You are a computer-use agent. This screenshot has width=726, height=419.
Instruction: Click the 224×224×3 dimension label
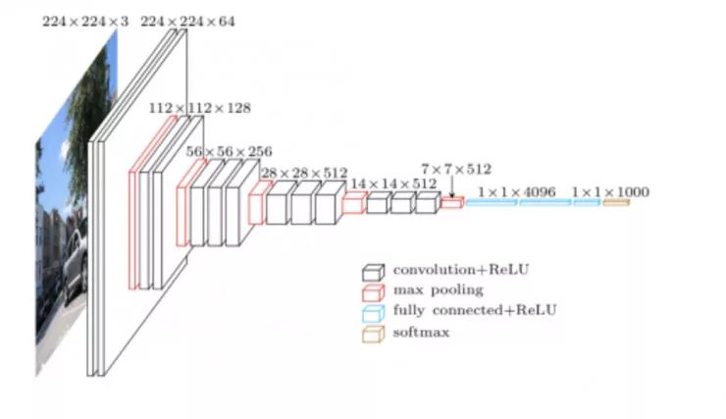pyautogui.click(x=84, y=21)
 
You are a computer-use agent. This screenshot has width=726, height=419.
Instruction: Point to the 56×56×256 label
pyautogui.click(x=230, y=152)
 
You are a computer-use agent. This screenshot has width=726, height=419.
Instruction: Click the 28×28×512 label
pyautogui.click(x=303, y=174)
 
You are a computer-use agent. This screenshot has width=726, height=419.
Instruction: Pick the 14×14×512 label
pyautogui.click(x=393, y=183)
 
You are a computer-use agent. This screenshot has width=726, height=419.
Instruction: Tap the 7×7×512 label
pyautogui.click(x=456, y=169)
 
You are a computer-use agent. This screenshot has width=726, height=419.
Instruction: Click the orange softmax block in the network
pyautogui.click(x=615, y=203)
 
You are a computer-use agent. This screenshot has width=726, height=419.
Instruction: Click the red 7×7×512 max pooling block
pyautogui.click(x=451, y=203)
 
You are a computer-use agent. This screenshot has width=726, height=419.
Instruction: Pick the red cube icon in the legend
pyautogui.click(x=372, y=290)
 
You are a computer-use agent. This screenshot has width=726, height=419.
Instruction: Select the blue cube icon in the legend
pyautogui.click(x=372, y=312)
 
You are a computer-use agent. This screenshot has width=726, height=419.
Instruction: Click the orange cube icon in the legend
pyautogui.click(x=372, y=333)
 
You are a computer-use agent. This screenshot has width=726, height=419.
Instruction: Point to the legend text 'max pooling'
pyautogui.click(x=438, y=289)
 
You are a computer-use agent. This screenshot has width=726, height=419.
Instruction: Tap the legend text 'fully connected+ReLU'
pyautogui.click(x=474, y=311)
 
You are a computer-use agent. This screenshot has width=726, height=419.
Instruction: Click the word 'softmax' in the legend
pyautogui.click(x=423, y=333)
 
